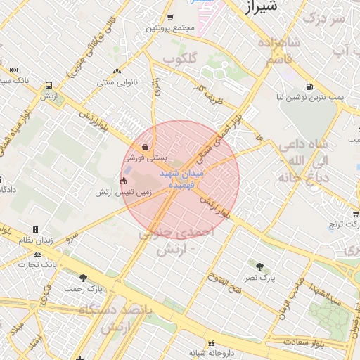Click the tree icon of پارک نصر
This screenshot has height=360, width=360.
click(260, 266)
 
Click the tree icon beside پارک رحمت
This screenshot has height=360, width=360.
click(84, 278)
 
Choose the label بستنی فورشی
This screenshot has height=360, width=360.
click(144, 159)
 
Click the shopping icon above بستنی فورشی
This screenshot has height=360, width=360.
click(145, 148)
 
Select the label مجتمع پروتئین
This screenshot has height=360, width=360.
click(169, 28)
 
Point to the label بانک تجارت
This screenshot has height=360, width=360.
click(37, 265)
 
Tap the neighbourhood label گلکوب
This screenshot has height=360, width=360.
click(179, 59)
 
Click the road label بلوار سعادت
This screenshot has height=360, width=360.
click(305, 342)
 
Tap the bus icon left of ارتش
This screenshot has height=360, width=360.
click(49, 85)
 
